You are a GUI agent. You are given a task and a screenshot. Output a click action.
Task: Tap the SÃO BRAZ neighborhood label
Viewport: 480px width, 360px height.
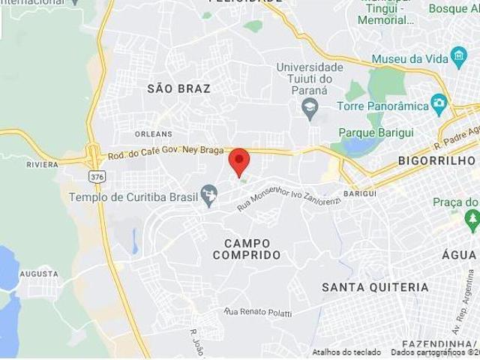click(x=178, y=88)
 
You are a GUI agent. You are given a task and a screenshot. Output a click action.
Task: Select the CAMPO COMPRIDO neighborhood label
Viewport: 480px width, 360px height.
click(x=247, y=249)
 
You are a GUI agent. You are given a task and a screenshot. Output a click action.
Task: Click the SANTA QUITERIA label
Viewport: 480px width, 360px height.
click(x=375, y=287)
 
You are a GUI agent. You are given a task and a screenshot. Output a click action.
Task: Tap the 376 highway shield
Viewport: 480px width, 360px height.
click(x=96, y=176)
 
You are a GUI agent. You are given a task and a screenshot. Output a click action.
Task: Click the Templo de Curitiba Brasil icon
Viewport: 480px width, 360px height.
click(x=209, y=196)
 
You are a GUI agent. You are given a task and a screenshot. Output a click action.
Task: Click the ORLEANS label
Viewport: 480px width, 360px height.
click(x=154, y=133)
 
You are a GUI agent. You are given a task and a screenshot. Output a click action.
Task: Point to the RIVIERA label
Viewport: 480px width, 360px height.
click(x=42, y=164)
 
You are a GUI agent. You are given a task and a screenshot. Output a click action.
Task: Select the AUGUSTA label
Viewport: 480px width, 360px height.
click(x=38, y=274)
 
